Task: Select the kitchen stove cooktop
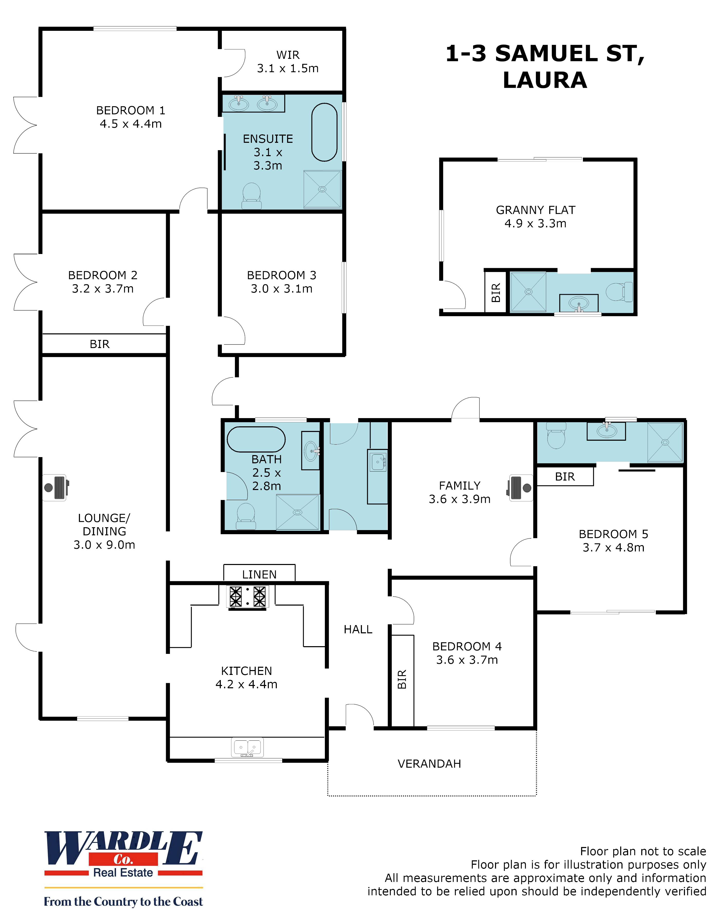(x=248, y=596)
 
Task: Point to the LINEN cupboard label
(x=259, y=575)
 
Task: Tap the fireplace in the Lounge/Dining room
(x=56, y=487)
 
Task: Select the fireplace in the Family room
(x=520, y=487)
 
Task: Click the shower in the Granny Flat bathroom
(x=528, y=292)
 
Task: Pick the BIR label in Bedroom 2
(x=99, y=344)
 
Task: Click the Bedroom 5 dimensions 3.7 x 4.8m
(x=613, y=547)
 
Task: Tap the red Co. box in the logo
(x=123, y=860)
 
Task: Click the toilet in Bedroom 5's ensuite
(x=556, y=436)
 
